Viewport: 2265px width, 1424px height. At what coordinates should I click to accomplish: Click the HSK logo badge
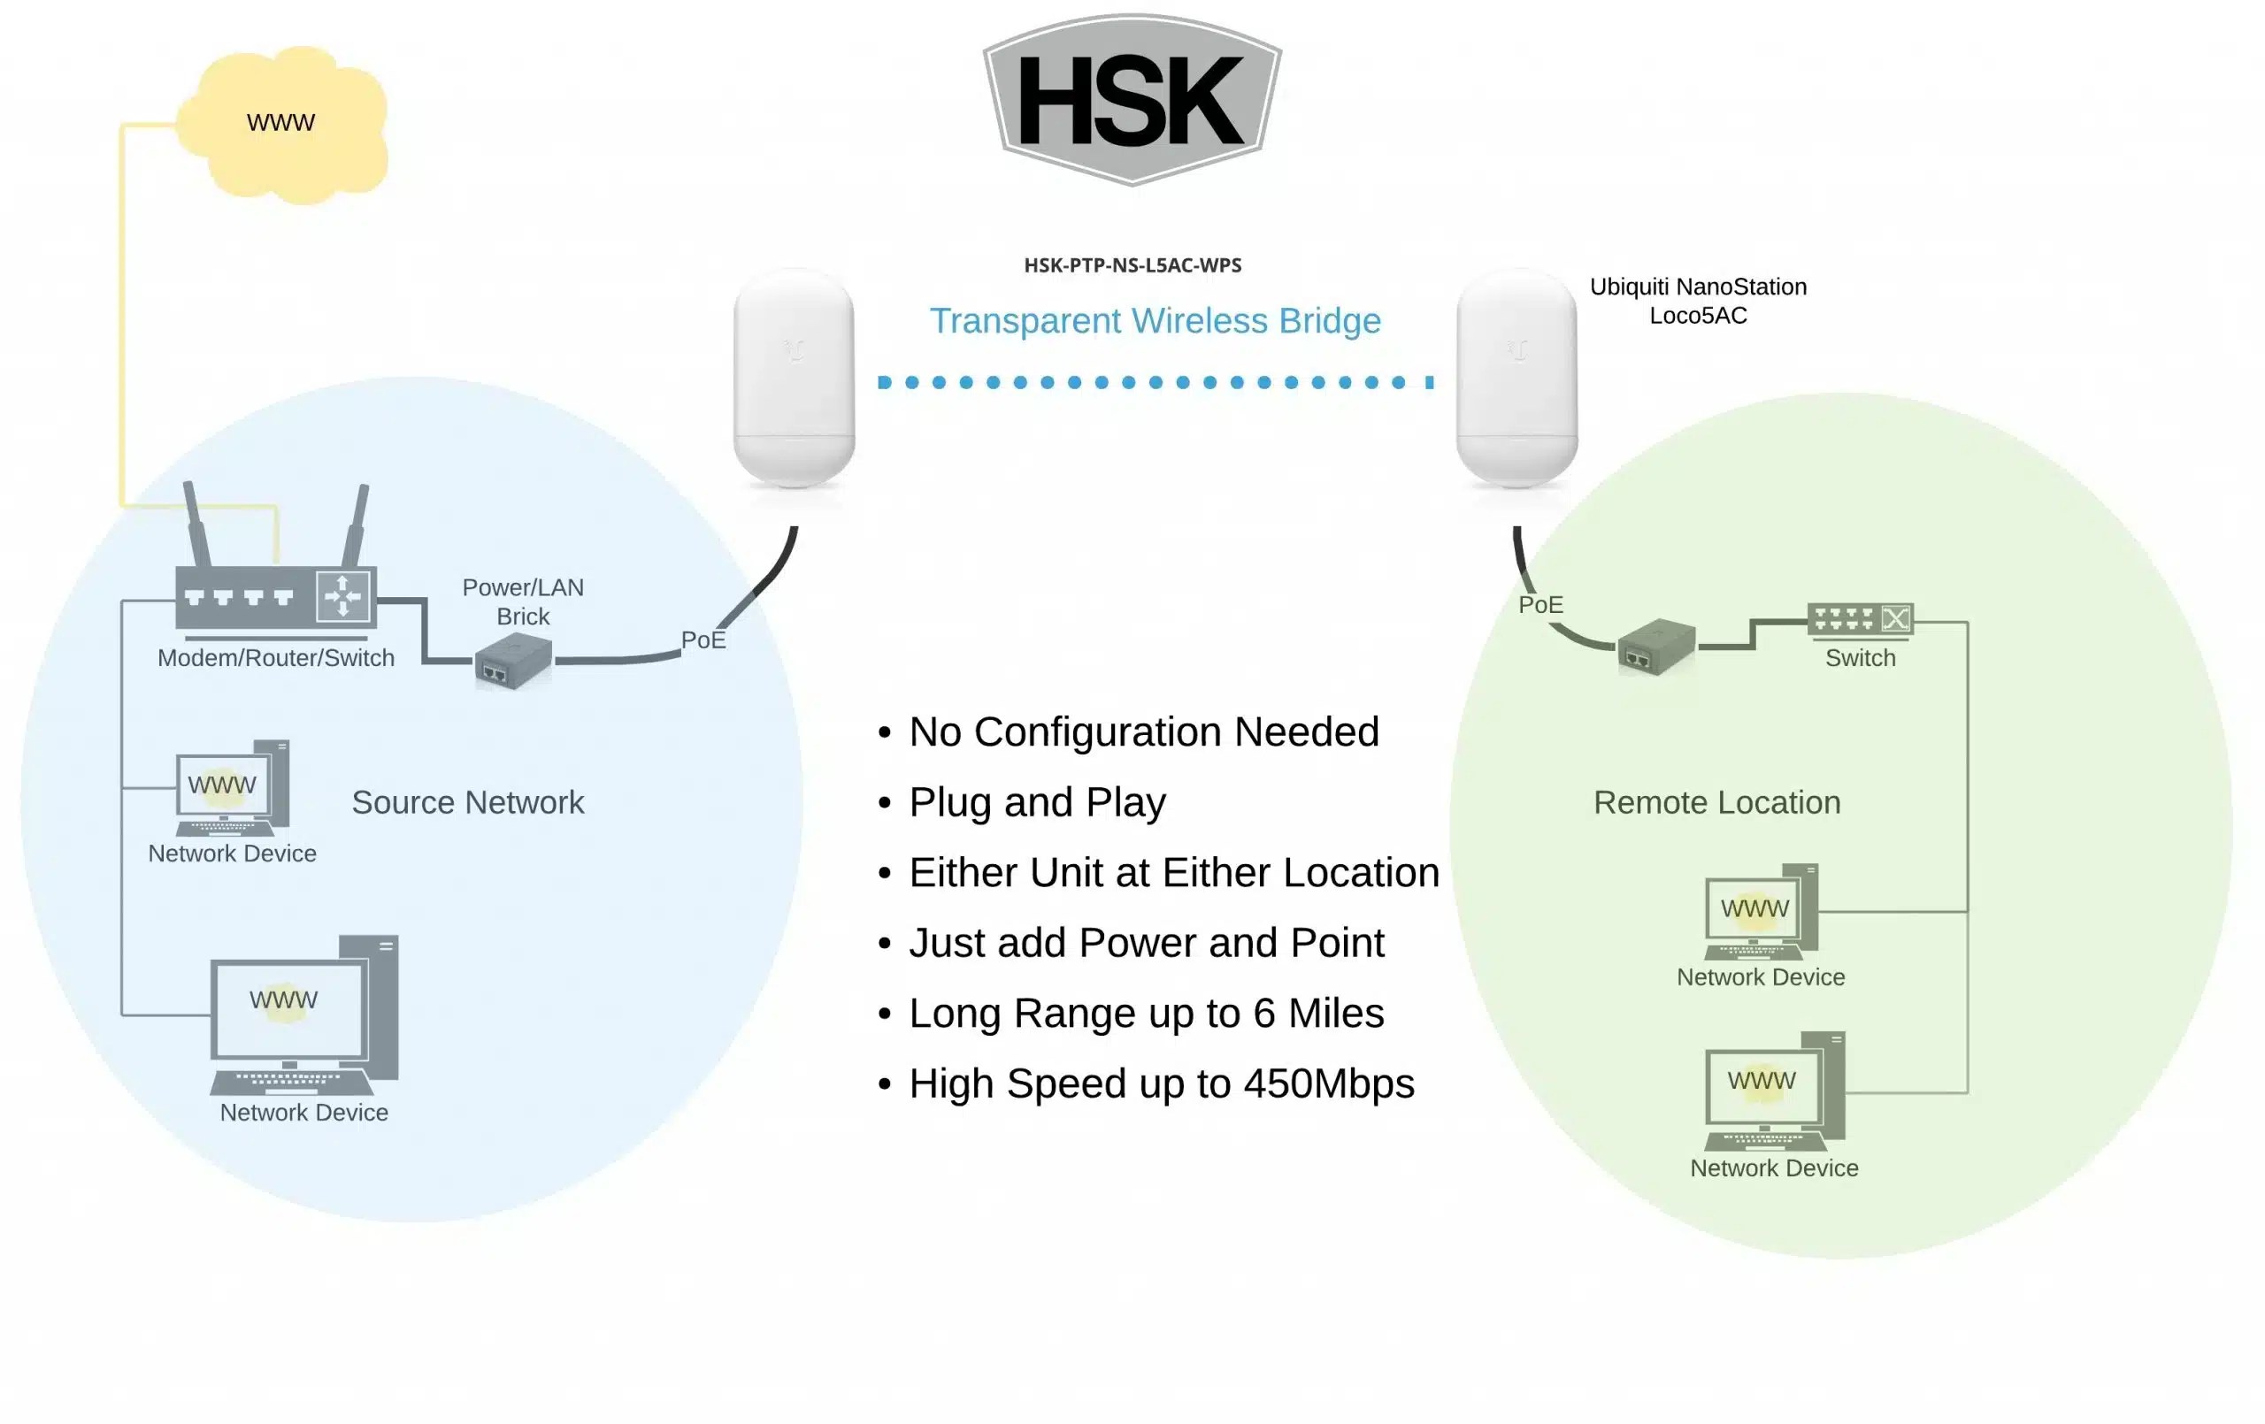pos(1132,100)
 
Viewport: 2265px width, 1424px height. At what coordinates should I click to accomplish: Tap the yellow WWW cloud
pos(282,124)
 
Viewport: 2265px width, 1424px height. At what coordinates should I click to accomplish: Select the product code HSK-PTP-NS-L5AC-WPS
pos(1132,265)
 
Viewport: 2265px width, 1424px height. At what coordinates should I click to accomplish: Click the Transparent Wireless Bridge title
pos(1156,321)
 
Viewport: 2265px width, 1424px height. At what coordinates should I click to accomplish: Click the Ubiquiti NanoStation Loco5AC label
pos(1698,301)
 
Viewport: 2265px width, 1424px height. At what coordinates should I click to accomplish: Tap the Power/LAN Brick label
pos(523,602)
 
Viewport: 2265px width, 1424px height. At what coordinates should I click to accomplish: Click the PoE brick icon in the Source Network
pos(512,662)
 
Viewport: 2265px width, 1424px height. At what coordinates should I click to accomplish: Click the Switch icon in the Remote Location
pos(1860,619)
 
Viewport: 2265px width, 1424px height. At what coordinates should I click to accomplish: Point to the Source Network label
pos(467,802)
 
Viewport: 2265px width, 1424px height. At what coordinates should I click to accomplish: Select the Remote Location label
pos(1716,802)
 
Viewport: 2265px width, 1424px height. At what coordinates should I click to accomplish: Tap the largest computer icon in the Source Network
pos(303,1015)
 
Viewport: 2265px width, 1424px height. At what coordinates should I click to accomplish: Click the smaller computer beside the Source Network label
pos(233,788)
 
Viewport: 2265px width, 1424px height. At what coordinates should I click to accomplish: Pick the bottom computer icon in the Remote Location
pos(1774,1091)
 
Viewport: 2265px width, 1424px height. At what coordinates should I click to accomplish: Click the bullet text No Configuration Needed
pos(1143,731)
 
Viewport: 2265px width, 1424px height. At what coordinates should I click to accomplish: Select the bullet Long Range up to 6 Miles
pos(1146,1013)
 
